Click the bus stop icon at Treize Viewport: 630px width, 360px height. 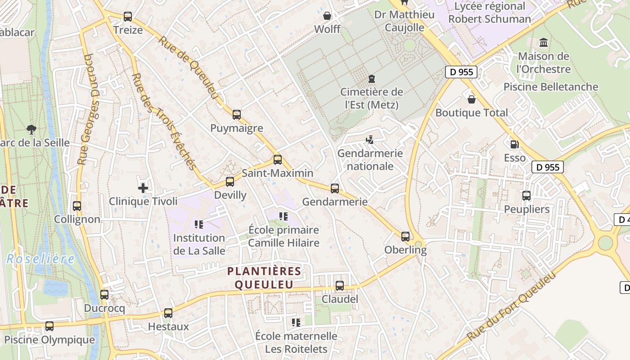click(128, 17)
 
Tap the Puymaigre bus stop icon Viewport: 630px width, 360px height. click(237, 115)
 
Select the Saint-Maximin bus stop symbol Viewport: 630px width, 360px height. click(278, 159)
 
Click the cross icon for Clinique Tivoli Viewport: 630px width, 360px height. click(143, 188)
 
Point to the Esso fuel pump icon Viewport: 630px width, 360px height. click(514, 144)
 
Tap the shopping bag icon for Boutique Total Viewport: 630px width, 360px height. click(472, 99)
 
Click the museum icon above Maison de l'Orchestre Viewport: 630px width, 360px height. click(544, 43)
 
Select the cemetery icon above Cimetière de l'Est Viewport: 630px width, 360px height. click(371, 79)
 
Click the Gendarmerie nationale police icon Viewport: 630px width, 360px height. click(370, 140)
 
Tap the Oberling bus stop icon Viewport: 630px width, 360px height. click(405, 236)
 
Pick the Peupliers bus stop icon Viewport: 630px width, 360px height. click(526, 196)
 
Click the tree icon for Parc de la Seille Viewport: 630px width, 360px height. click(31, 130)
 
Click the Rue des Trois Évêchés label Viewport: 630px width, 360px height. click(164, 121)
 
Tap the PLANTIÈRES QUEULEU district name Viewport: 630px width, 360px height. click(264, 278)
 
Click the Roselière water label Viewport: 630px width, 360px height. click(40, 259)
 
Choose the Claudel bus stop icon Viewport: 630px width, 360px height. click(340, 285)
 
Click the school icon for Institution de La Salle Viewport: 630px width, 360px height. click(198, 224)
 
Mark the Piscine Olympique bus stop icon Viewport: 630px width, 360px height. click(49, 326)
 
